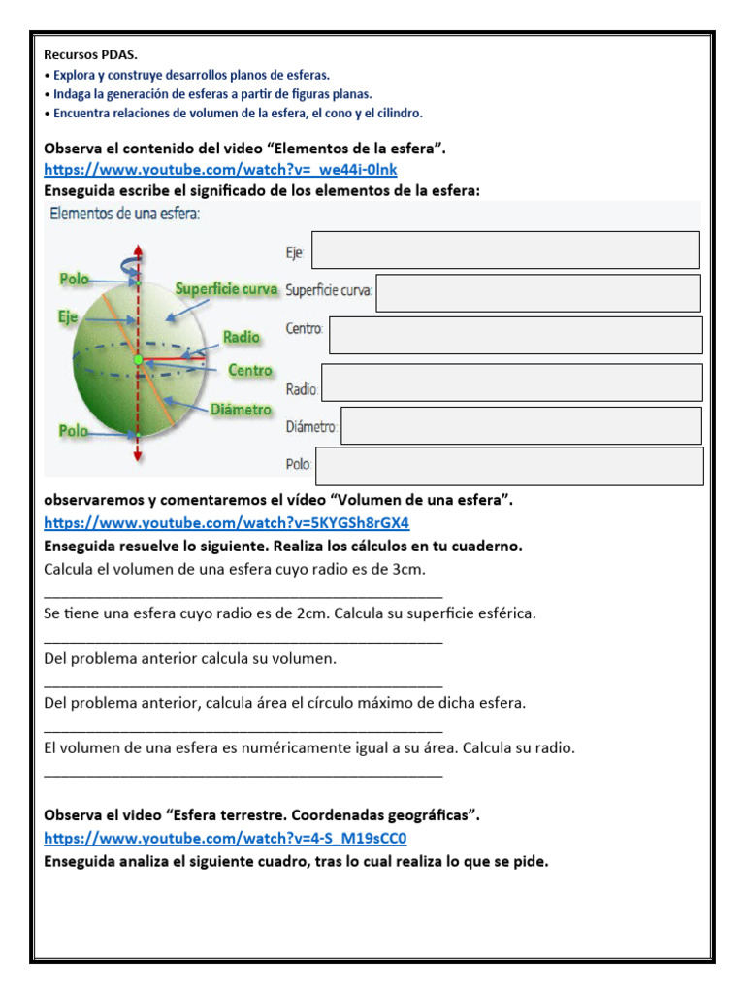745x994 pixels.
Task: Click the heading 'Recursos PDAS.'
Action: pos(90,55)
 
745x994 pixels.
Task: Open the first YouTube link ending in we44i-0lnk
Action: pos(220,170)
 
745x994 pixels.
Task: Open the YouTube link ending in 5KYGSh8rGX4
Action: pos(226,523)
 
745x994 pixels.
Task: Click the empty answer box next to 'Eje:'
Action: pos(504,249)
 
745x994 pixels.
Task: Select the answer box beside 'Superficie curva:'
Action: pos(537,293)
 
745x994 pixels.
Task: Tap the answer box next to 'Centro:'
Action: pos(515,335)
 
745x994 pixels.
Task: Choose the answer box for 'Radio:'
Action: pos(511,382)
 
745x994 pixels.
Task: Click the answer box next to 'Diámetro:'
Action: pos(521,425)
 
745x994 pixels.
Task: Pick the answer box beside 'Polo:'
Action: pos(509,466)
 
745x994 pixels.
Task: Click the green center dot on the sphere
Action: pos(138,360)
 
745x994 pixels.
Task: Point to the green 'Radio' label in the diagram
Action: pos(242,337)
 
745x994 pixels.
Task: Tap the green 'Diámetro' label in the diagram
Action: pos(241,410)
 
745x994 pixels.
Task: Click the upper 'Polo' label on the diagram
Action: pos(75,279)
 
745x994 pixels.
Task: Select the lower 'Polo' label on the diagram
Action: pos(75,431)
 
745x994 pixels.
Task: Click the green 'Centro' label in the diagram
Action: pos(250,370)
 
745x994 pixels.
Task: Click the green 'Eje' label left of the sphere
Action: pos(67,316)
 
